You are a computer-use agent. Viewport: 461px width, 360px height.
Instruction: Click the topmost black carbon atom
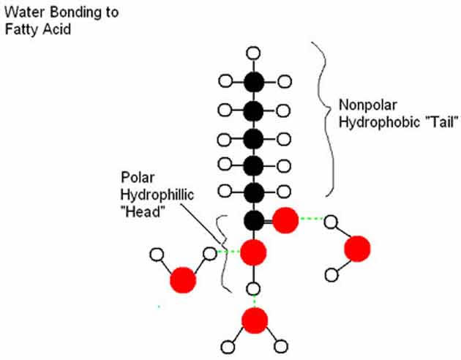[253, 81]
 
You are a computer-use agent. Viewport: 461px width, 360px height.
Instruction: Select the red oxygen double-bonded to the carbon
[285, 220]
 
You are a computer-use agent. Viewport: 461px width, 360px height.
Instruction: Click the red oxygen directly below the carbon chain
[253, 252]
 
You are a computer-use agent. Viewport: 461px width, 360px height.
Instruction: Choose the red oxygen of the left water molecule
[183, 280]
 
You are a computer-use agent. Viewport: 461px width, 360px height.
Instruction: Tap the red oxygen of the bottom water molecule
[253, 320]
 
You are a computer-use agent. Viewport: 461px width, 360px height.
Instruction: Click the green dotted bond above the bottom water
[253, 300]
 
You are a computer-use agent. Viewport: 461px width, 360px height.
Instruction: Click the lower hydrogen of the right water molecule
[331, 276]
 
